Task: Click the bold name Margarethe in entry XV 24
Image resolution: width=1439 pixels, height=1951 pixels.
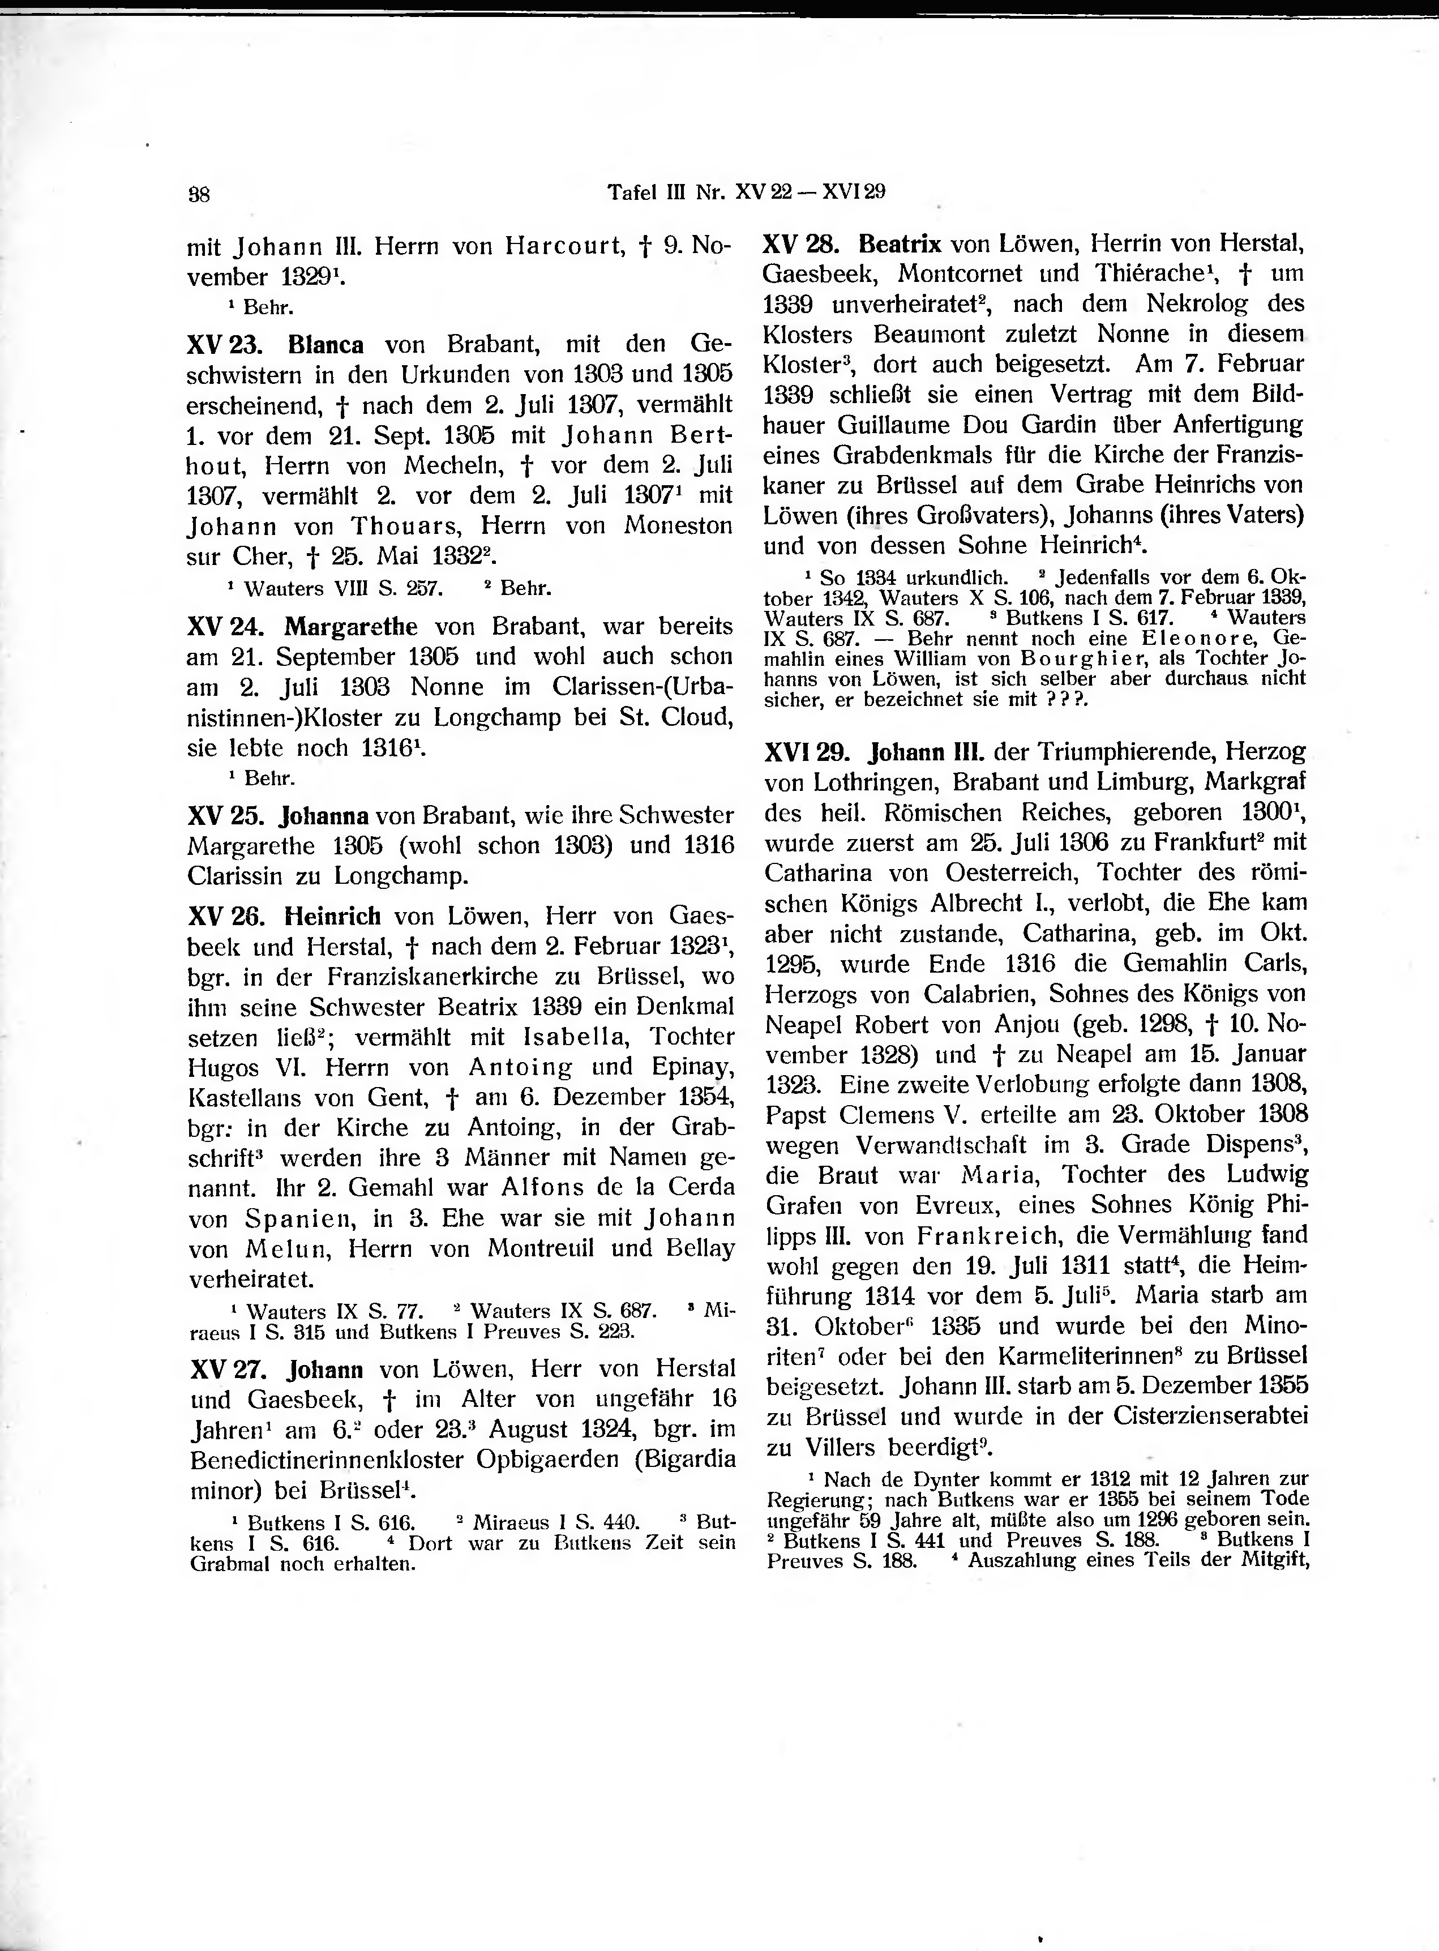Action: click(x=351, y=626)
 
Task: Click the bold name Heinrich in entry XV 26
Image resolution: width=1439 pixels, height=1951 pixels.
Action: click(x=333, y=916)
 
